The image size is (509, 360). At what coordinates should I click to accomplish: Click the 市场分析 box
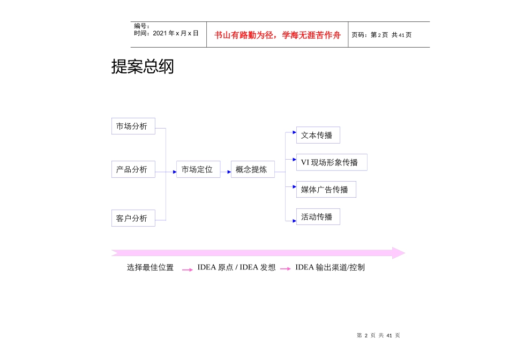point(133,126)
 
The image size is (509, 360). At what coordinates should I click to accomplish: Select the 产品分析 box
point(133,169)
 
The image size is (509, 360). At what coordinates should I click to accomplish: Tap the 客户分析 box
point(133,218)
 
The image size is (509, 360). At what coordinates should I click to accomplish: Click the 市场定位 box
point(198,169)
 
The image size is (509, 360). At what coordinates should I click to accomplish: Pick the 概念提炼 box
point(252,169)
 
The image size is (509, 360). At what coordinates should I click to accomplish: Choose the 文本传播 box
point(318,135)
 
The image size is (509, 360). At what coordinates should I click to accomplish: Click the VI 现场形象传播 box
point(331,162)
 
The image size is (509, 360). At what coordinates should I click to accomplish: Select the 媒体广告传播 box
point(326,189)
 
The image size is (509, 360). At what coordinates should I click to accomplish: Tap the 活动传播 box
point(318,216)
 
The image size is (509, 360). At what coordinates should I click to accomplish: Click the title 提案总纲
point(143,67)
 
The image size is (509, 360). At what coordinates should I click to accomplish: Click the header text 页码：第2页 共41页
point(381,35)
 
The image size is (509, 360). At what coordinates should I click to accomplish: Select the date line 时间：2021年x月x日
point(166,33)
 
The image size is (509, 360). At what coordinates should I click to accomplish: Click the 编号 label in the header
point(141,26)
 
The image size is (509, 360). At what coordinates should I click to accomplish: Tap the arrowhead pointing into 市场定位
point(175,171)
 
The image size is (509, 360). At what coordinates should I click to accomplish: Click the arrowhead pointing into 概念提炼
point(229,171)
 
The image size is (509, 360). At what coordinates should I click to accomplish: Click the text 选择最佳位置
point(150,267)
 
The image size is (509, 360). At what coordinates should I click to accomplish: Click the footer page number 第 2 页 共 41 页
point(379,335)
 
